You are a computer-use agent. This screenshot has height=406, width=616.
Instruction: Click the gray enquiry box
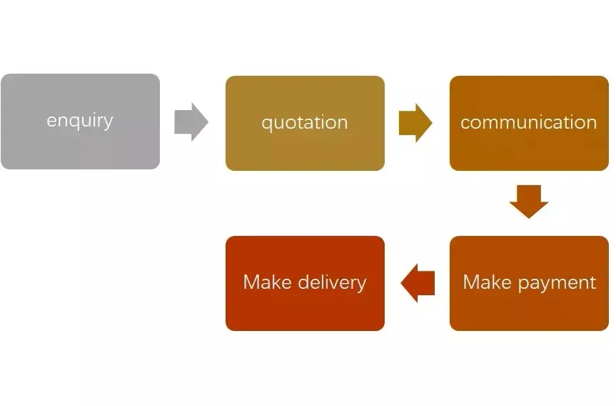point(80,122)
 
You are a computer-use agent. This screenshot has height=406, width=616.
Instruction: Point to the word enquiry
point(80,121)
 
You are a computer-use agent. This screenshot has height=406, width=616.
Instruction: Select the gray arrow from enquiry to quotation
point(191,122)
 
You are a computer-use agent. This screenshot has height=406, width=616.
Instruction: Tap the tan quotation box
point(305,123)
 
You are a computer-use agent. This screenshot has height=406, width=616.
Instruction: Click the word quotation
point(305,123)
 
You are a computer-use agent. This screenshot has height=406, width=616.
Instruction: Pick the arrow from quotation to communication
point(415,123)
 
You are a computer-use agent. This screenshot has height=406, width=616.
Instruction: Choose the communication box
point(529,123)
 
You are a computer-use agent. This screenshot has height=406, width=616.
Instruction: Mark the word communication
point(529,122)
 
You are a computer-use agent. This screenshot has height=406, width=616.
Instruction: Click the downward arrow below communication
point(529,202)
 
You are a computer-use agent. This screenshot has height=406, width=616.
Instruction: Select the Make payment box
point(529,283)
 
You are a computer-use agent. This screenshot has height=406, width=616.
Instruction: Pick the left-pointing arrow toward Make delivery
point(418,283)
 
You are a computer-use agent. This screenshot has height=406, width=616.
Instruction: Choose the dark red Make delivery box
point(305,283)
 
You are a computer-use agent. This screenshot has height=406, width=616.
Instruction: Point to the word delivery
point(333,283)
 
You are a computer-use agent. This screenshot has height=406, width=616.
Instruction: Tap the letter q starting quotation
point(267,124)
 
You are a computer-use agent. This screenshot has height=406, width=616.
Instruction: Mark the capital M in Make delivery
point(251,282)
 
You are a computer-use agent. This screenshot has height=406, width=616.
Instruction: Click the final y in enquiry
point(108,123)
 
